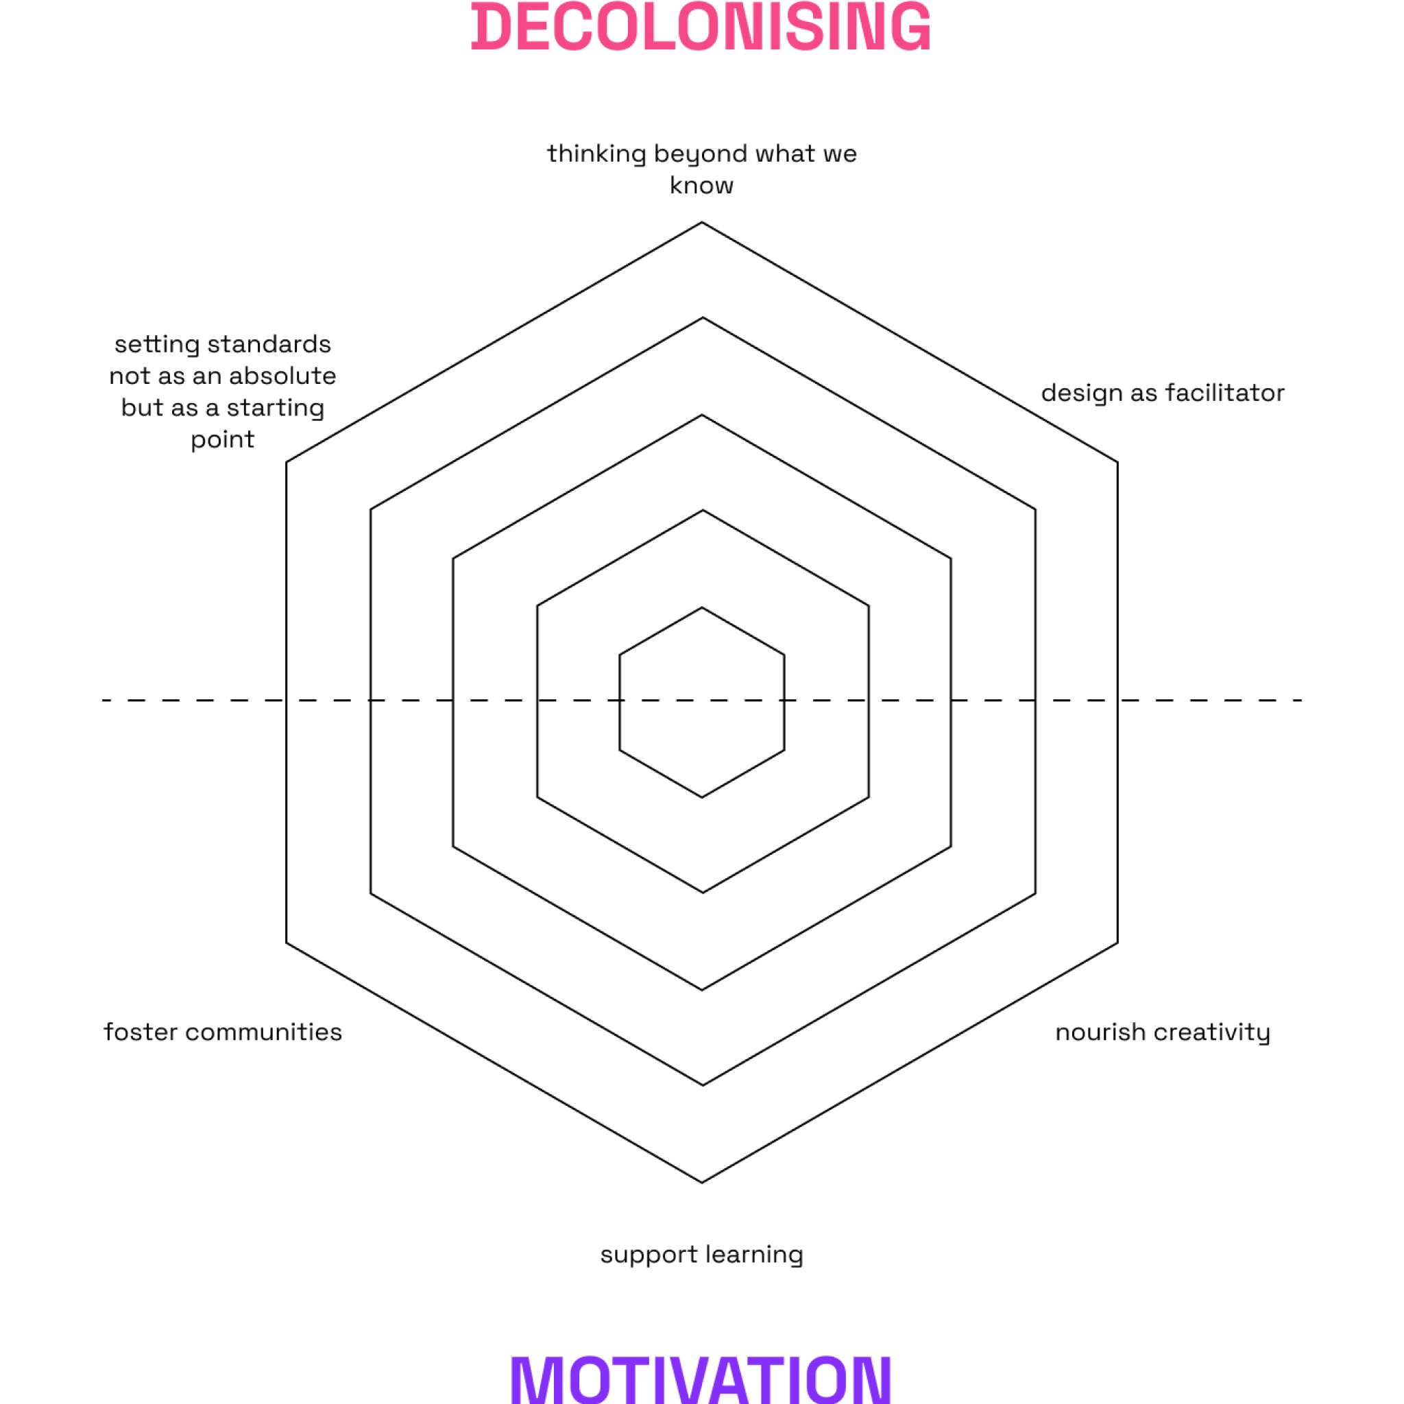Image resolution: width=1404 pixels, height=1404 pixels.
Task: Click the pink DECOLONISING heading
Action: coord(701,27)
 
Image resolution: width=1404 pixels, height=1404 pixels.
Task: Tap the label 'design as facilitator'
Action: coord(1163,393)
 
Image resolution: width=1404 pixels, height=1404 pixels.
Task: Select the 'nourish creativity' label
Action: coord(1163,1032)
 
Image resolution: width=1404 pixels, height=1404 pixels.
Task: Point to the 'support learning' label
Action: coord(701,1255)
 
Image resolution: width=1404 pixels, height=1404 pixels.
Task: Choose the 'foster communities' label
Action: coord(222,1032)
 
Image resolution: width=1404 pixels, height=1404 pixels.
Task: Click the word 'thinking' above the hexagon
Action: coord(596,154)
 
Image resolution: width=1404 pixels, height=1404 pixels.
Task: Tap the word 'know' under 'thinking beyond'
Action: coord(701,186)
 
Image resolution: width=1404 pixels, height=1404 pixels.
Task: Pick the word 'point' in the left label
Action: coord(222,440)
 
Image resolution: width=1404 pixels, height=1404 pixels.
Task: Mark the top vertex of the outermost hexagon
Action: coord(702,222)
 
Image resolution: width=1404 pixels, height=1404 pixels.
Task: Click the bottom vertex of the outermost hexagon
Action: coord(702,1183)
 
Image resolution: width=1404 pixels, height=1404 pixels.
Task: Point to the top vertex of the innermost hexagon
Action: coord(702,607)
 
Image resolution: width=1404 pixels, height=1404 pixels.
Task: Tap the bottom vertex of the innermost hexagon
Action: coord(702,797)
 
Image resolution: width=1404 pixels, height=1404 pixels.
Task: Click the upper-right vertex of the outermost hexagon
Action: coord(1117,461)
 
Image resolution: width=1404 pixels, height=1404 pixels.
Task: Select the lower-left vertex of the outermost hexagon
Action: coord(287,943)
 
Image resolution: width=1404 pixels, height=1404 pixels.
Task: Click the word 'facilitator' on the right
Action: coord(1224,393)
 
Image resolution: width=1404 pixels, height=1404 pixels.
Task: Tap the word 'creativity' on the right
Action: coord(1212,1032)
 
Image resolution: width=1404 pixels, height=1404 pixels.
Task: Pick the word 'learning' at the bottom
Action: coord(754,1255)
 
